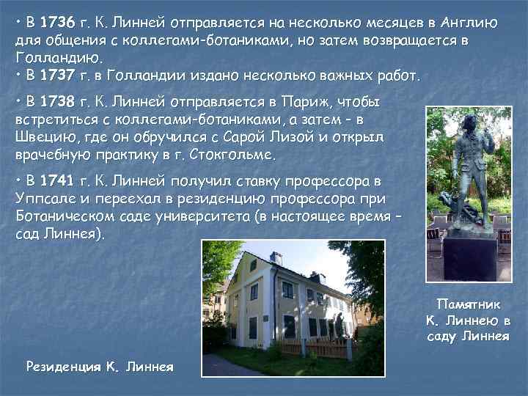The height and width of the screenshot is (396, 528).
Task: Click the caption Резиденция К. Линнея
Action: click(99, 366)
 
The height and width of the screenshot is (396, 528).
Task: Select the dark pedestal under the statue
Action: click(469, 257)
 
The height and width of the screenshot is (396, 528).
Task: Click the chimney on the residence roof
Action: click(276, 259)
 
